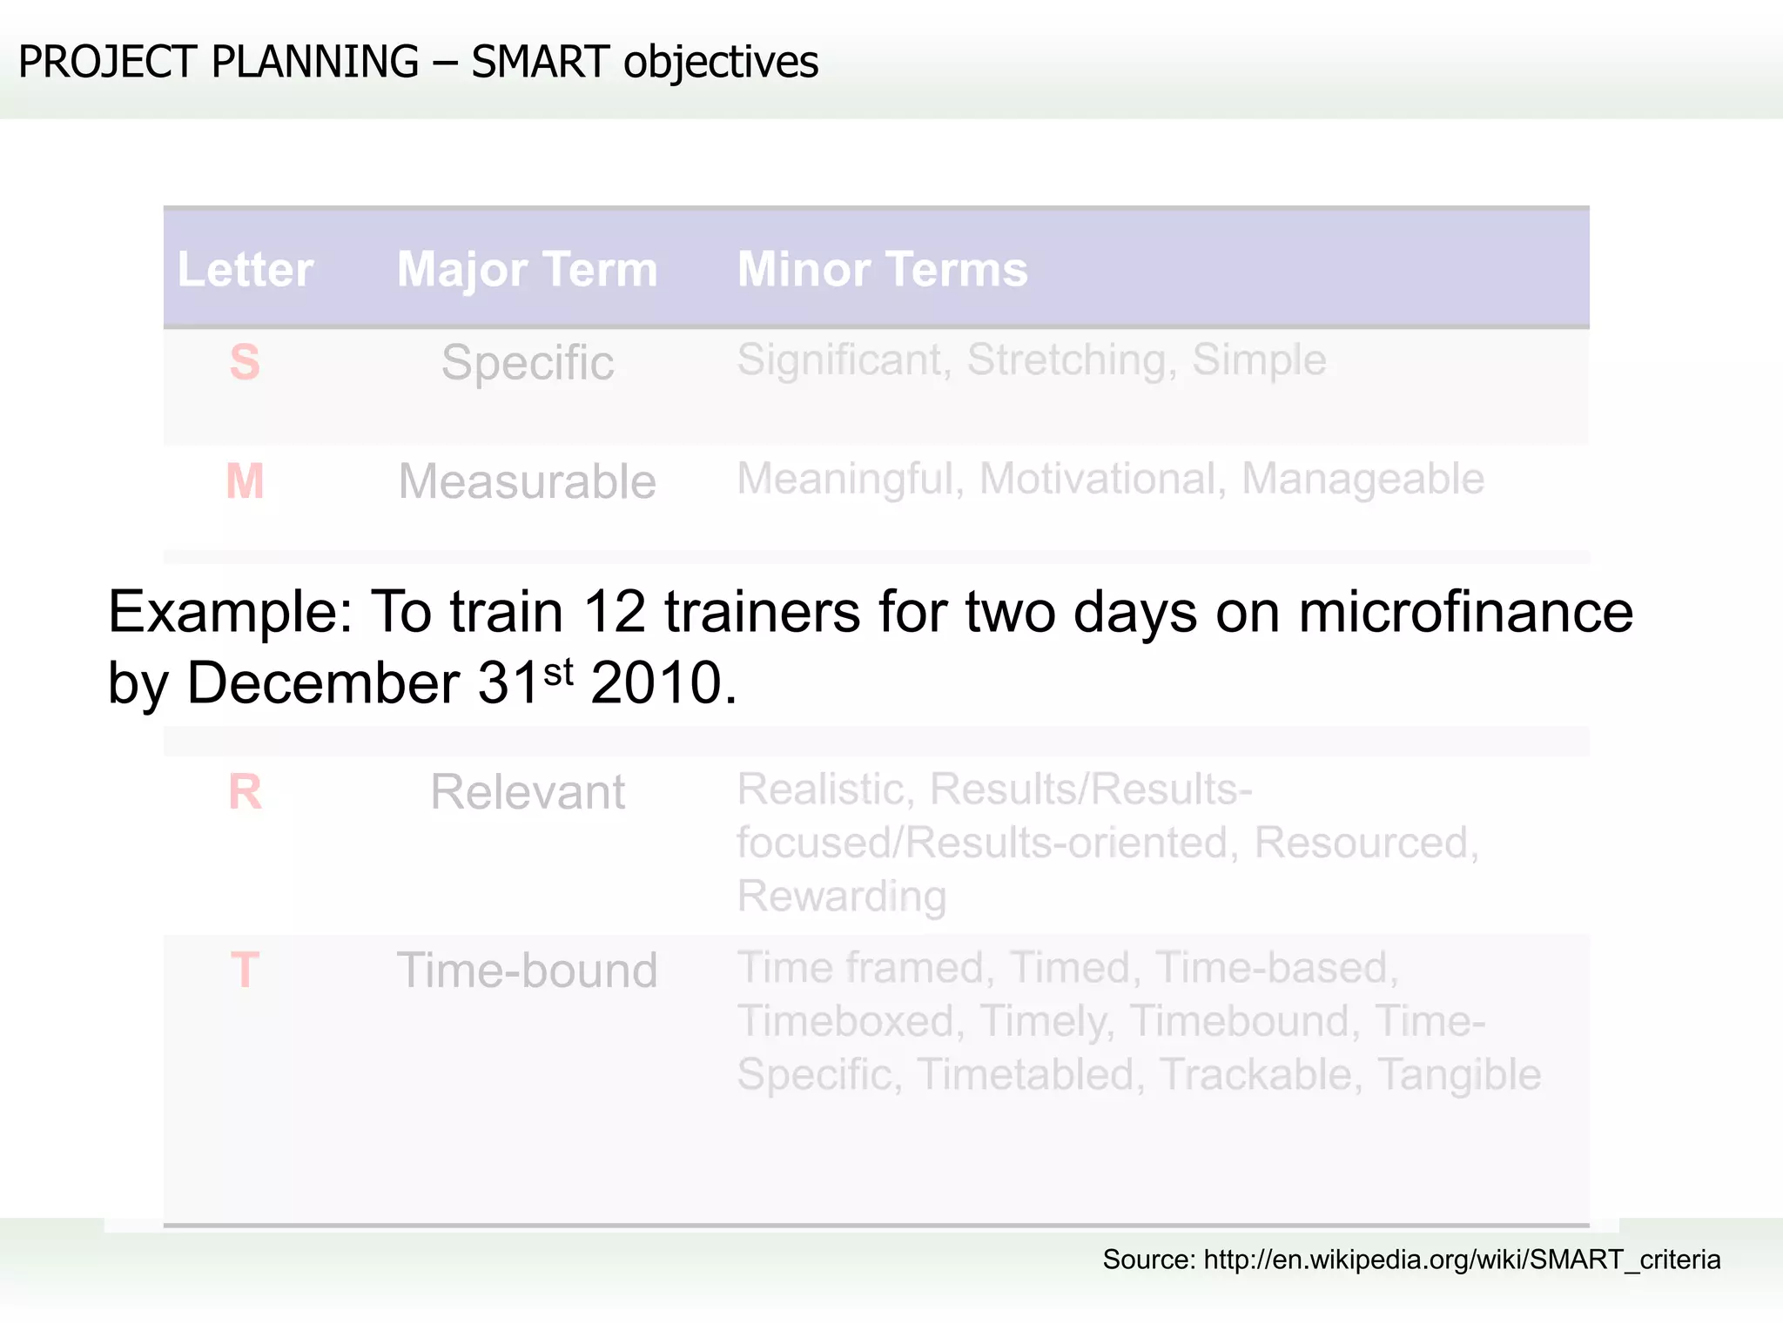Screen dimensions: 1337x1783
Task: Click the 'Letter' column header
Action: point(245,269)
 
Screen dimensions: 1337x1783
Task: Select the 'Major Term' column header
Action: point(527,269)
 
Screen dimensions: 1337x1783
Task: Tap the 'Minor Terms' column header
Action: point(882,269)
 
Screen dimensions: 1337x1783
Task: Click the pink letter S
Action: point(245,362)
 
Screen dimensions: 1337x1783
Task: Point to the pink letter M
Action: point(245,480)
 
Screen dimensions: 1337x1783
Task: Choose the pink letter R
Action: point(245,792)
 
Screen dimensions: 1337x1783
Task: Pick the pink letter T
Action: point(245,970)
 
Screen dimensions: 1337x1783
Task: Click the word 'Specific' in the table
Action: point(527,362)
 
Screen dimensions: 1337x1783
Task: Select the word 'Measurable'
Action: point(527,481)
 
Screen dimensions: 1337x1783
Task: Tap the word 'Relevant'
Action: point(527,792)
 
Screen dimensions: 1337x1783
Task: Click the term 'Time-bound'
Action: point(527,970)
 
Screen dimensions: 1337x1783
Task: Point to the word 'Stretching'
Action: point(1071,360)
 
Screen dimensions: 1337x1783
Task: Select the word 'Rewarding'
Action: point(841,897)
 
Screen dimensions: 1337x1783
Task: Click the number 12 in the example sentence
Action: point(614,612)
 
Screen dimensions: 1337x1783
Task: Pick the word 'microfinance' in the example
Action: point(1465,612)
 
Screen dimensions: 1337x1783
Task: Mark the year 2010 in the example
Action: point(656,683)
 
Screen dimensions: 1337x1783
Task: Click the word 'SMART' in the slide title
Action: point(540,63)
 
